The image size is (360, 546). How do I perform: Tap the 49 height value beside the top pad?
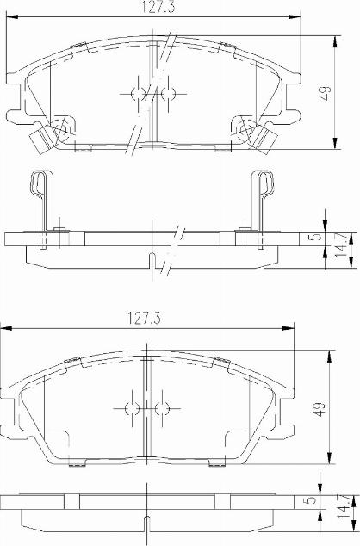coord(325,94)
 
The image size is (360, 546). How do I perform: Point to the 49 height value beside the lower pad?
coord(320,410)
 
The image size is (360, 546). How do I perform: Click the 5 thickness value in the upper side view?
coord(316,237)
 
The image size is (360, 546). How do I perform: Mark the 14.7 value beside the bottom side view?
coord(344,509)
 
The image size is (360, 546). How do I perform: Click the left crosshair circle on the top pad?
coord(137,92)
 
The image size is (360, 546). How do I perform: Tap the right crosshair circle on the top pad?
coord(167,92)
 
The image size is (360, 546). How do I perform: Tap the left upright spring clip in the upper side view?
coord(41,199)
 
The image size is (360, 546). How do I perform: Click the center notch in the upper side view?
coord(152,261)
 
